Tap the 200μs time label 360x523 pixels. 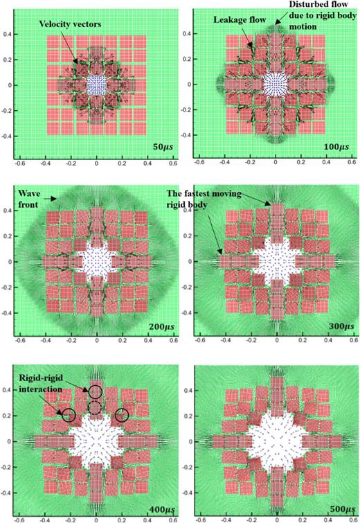pyautogui.click(x=163, y=325)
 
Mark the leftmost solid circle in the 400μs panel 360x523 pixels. pyautogui.click(x=69, y=416)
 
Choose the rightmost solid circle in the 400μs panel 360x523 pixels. pyautogui.click(x=123, y=416)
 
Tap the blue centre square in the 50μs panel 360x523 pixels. pyautogui.click(x=97, y=85)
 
